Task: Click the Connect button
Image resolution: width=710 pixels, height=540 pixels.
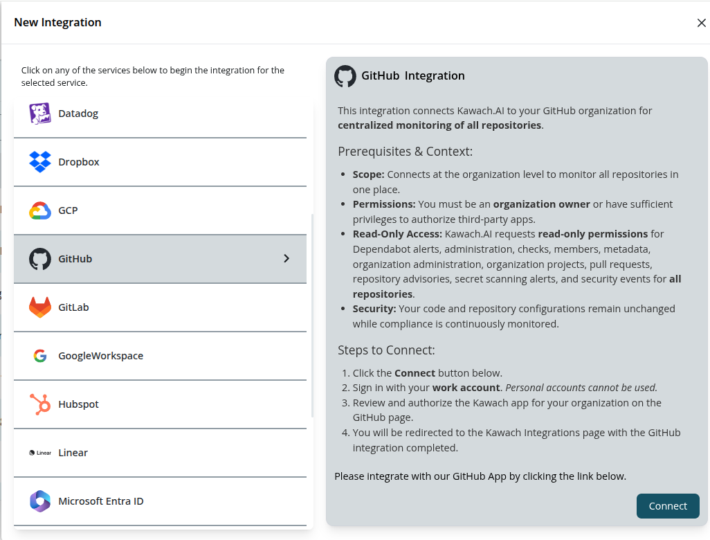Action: (x=668, y=506)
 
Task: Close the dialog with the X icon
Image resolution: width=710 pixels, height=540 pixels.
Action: (x=701, y=23)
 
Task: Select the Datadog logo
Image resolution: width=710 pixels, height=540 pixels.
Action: (x=40, y=114)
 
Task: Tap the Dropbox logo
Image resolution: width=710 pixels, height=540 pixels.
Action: (x=40, y=162)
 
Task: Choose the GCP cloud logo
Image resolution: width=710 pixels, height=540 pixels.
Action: (x=40, y=210)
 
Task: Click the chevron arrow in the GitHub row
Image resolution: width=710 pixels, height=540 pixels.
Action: (x=286, y=259)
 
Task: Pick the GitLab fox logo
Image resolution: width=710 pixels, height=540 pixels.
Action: (x=40, y=307)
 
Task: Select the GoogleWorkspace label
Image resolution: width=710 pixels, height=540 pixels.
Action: (x=101, y=356)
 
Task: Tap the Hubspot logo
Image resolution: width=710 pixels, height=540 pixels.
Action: (x=40, y=404)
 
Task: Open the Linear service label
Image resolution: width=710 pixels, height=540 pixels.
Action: (x=73, y=453)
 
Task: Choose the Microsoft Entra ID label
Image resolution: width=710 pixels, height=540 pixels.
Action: (x=101, y=501)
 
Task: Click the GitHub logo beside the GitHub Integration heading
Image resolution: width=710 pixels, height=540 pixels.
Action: (x=345, y=76)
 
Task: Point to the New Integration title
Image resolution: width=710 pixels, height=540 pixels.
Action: (x=57, y=22)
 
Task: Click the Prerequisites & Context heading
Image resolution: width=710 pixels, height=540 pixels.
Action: (x=405, y=152)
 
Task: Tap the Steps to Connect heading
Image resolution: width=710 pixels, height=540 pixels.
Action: (x=386, y=350)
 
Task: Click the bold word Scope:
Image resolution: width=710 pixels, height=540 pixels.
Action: (x=368, y=174)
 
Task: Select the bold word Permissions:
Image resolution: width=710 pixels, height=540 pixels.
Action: (x=384, y=204)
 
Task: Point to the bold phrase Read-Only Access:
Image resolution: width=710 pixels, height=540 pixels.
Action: (x=397, y=234)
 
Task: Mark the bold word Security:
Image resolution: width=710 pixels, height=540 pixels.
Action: (x=374, y=309)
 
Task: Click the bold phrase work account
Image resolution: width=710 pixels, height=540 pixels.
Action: (x=466, y=388)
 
